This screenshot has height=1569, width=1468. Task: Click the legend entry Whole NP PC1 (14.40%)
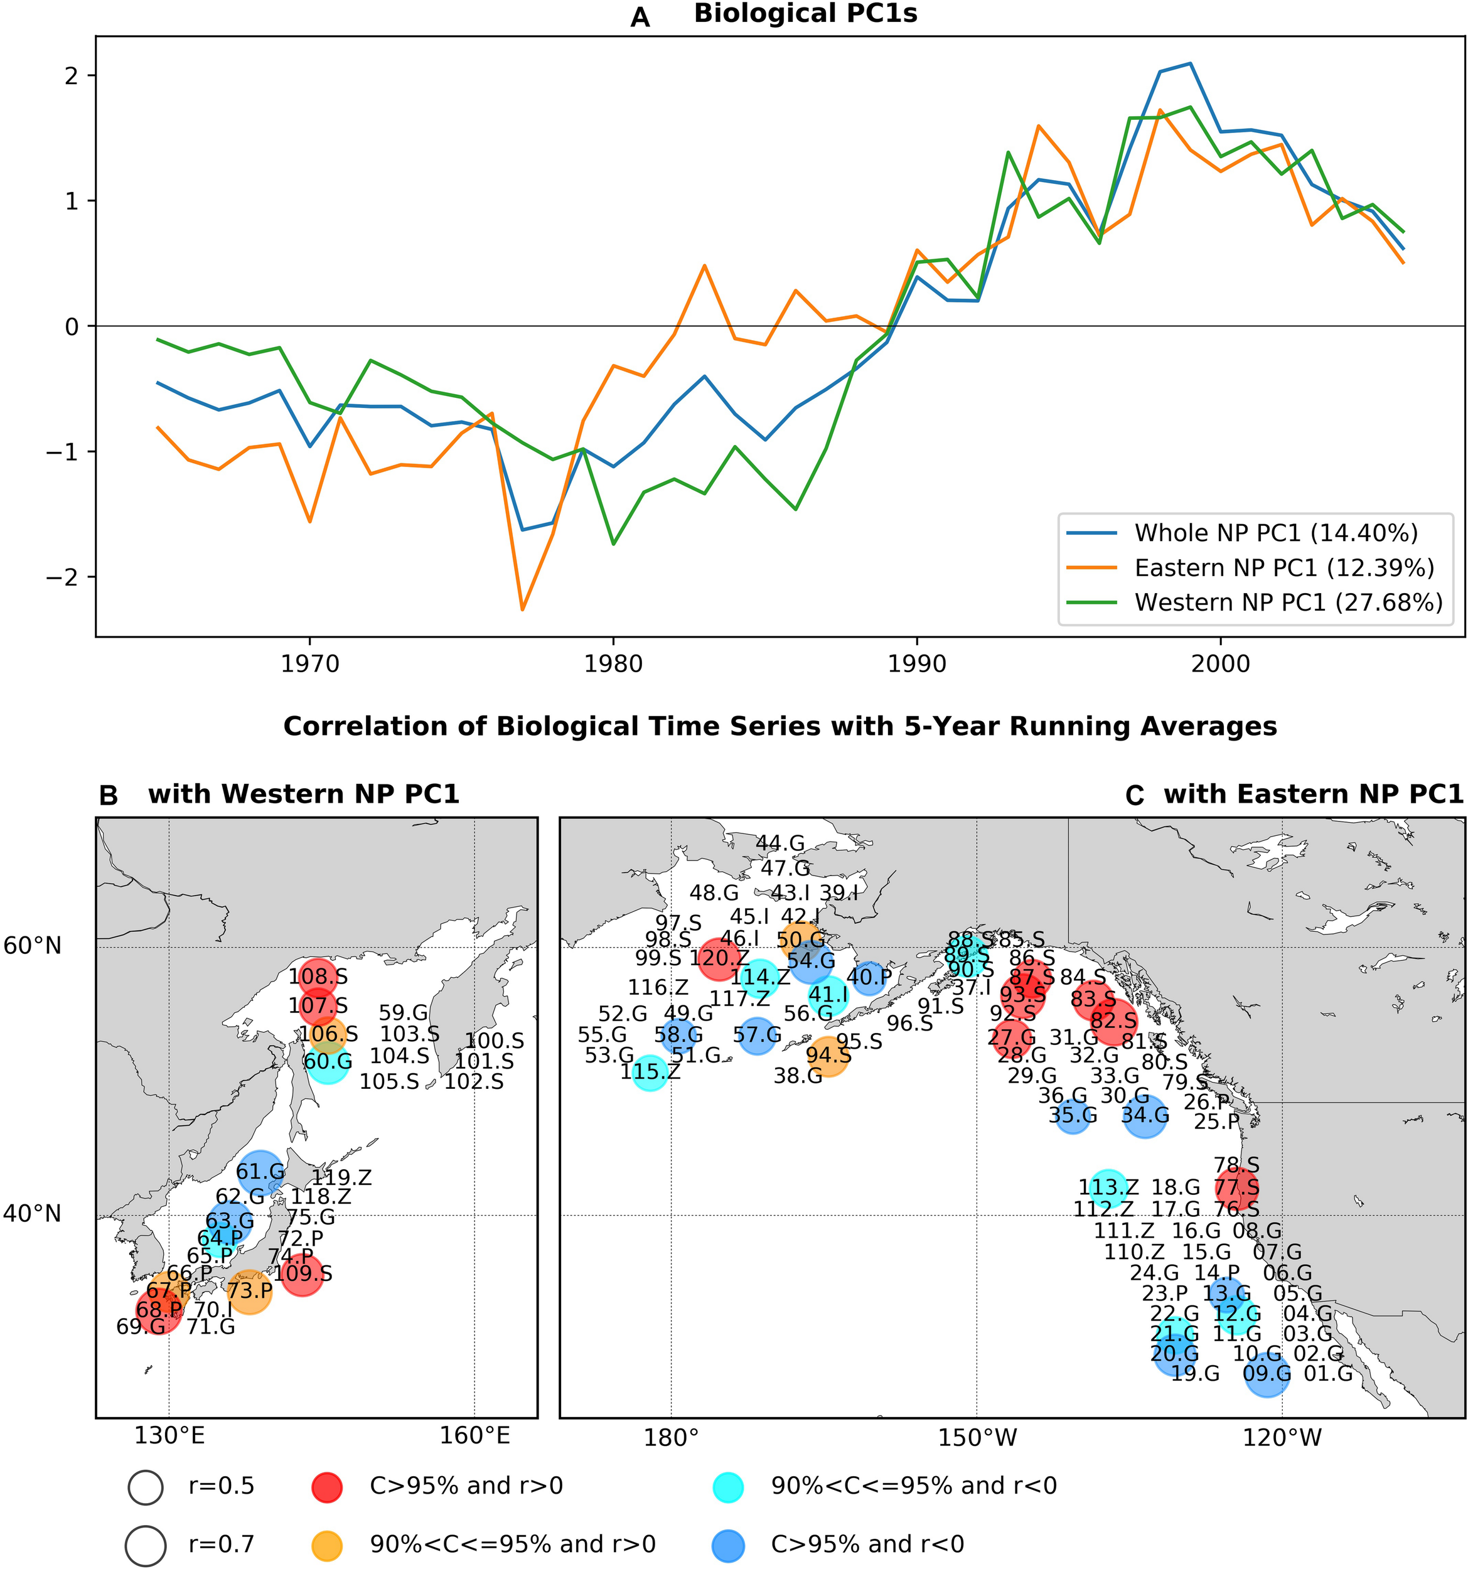point(1275,533)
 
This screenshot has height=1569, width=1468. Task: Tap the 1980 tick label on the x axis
point(613,664)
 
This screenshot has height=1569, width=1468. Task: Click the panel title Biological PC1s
point(805,14)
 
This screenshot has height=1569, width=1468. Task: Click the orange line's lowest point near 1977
point(522,609)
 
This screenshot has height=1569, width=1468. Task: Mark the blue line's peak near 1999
point(1190,63)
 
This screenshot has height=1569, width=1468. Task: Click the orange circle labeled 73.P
point(249,1292)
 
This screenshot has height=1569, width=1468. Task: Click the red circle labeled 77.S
point(1236,1188)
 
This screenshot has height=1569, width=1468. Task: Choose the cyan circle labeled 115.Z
point(650,1073)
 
